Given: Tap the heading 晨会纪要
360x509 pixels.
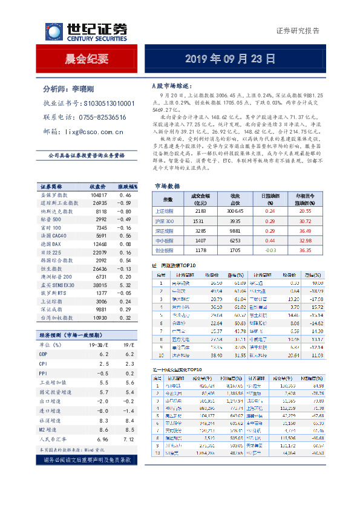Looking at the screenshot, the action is click(x=87, y=59).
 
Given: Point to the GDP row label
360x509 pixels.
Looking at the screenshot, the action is click(x=44, y=354).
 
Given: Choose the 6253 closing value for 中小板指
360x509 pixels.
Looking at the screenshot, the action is click(x=232, y=241).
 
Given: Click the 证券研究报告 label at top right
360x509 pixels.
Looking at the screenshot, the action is click(x=298, y=31).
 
